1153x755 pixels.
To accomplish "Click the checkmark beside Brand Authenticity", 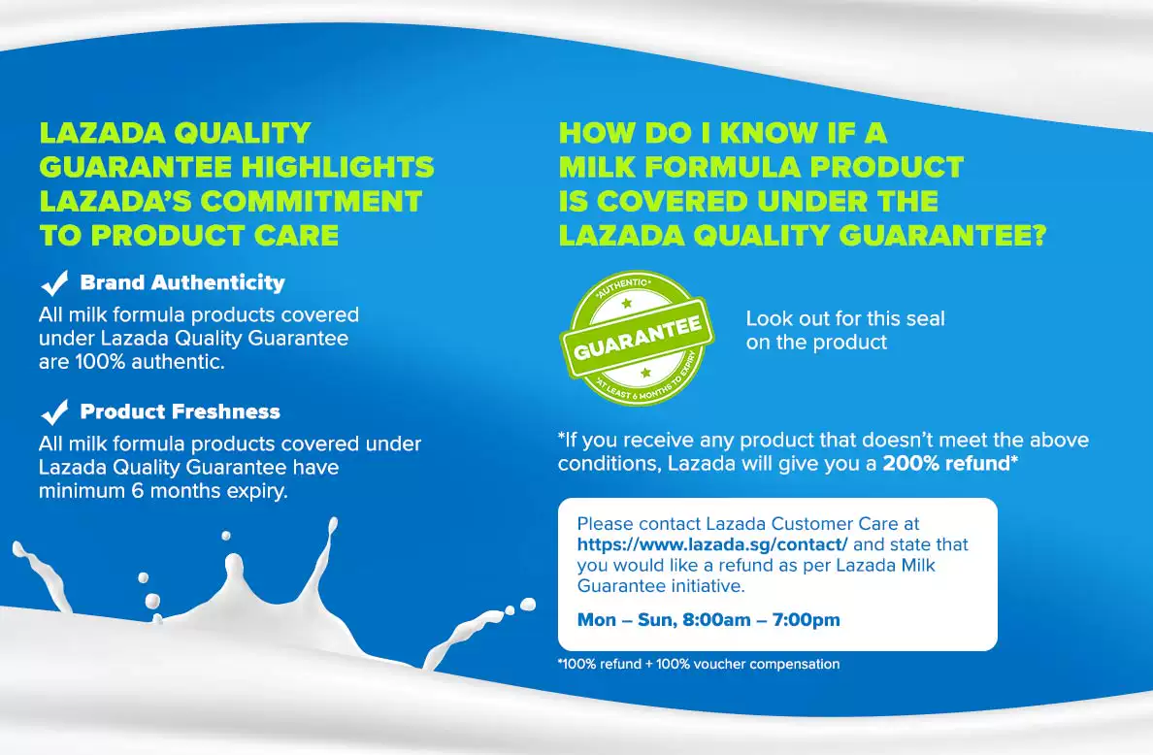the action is pos(53,283).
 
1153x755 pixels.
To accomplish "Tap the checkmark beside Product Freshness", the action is pos(53,412).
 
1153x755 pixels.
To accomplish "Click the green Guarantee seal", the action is pos(637,338).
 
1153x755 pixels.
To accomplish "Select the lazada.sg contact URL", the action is pos(711,544).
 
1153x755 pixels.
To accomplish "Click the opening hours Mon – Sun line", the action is pos(708,620).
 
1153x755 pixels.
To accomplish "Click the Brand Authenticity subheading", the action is pos(182,282).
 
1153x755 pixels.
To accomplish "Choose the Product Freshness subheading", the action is pos(181,411).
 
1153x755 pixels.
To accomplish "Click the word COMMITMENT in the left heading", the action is pos(312,202).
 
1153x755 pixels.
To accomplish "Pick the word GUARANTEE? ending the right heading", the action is pos(942,236).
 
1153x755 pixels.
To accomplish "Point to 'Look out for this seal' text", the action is pos(845,318).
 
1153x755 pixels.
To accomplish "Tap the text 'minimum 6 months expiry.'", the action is pos(163,491).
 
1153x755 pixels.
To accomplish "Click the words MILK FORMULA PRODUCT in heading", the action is pos(761,168).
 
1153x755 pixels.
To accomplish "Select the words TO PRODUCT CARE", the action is pos(189,236).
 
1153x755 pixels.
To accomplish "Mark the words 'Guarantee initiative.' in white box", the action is pos(660,586).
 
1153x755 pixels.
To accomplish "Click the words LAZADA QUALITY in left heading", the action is pos(175,133).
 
